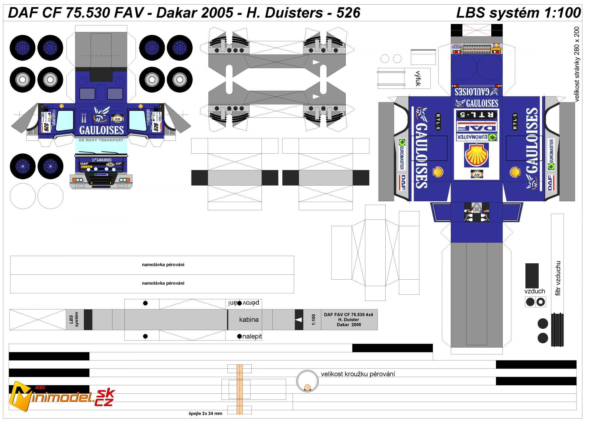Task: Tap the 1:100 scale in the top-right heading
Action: click(x=562, y=13)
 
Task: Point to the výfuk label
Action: click(x=418, y=78)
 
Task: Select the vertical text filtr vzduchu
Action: click(x=558, y=278)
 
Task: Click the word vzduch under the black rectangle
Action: click(x=535, y=291)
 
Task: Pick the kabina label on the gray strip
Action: click(x=249, y=320)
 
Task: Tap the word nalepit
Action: click(x=252, y=336)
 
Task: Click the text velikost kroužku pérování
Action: click(x=358, y=374)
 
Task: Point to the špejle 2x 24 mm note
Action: click(x=205, y=413)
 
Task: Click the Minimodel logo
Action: click(x=61, y=396)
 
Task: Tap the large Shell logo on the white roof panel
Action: click(x=476, y=155)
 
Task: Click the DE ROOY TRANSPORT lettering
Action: click(x=101, y=140)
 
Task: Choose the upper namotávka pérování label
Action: click(x=163, y=265)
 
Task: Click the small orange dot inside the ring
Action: click(x=307, y=388)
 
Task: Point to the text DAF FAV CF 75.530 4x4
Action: click(x=348, y=315)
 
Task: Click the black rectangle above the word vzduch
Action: click(x=532, y=275)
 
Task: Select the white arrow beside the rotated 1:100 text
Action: click(x=299, y=320)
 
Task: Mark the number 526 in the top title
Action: click(x=348, y=13)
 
